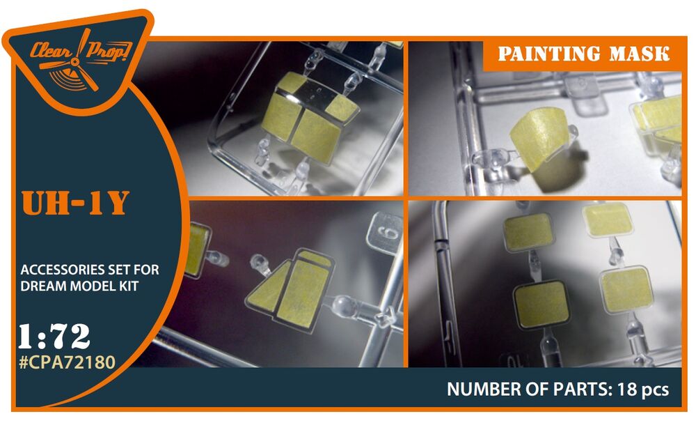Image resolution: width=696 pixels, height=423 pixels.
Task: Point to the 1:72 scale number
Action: [54, 337]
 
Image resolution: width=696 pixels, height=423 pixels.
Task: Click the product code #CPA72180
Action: [68, 362]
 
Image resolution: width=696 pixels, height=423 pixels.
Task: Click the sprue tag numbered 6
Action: [384, 232]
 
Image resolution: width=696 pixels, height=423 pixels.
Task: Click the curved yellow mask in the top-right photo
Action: [539, 137]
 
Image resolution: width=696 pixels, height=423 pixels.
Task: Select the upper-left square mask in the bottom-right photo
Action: [528, 231]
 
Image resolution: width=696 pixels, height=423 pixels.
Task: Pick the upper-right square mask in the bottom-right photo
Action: [607, 220]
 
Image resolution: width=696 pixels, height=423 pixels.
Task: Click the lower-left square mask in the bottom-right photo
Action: [541, 305]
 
